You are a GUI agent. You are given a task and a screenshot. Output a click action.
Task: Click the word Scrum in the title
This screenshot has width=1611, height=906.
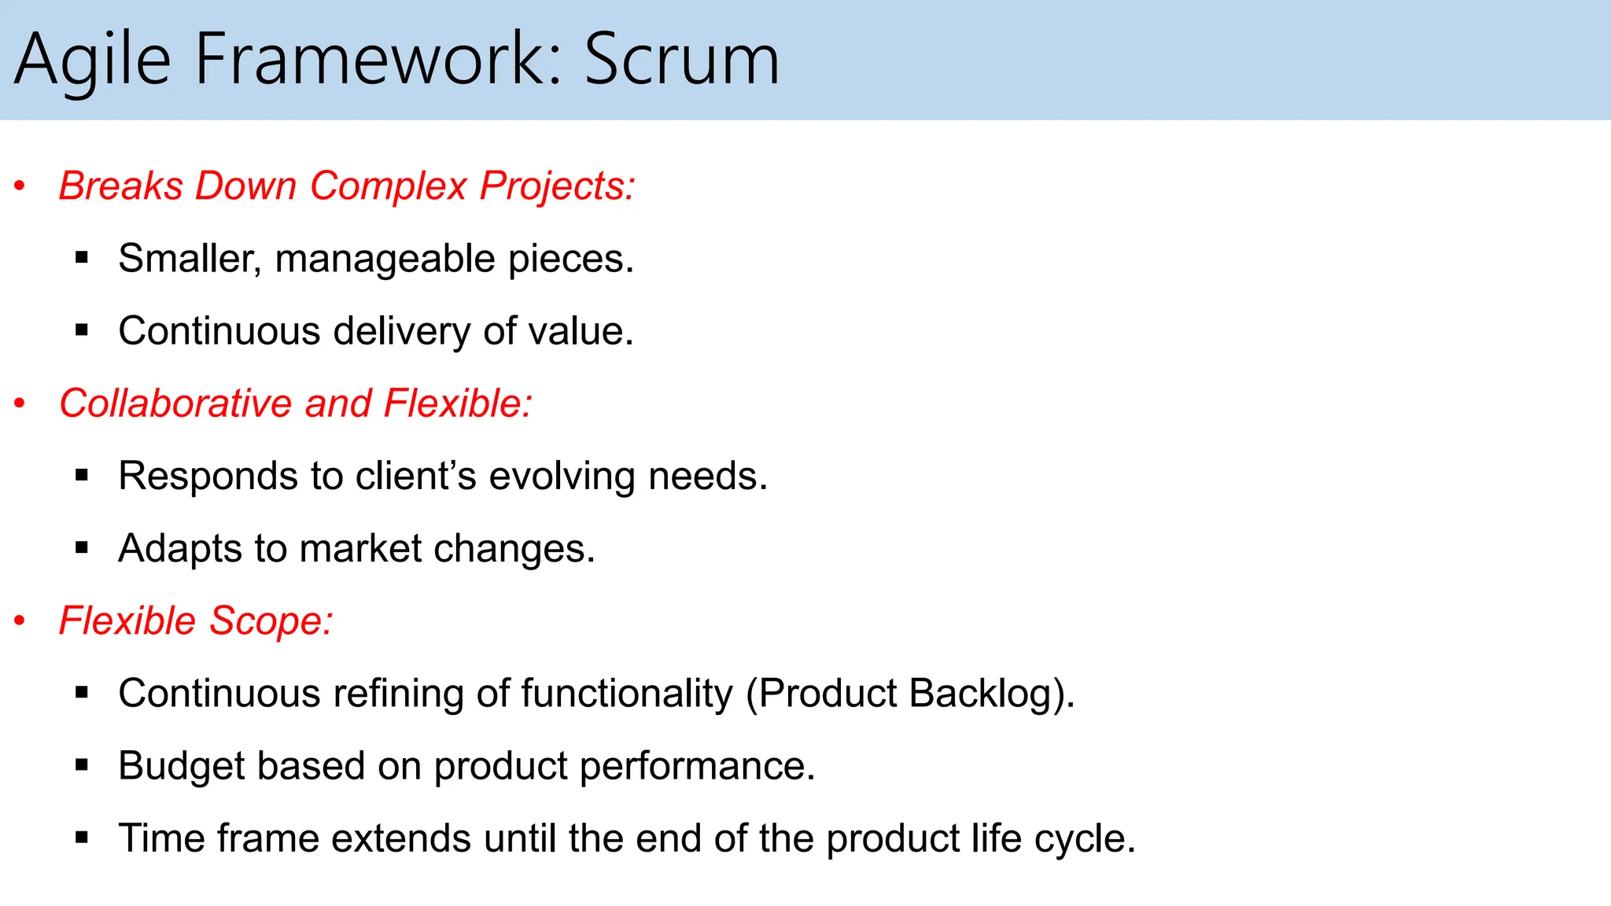pos(681,60)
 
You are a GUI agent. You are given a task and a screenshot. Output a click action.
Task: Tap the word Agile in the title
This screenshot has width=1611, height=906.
pos(93,61)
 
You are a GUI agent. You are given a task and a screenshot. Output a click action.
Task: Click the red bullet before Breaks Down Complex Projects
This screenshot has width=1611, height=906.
pos(20,186)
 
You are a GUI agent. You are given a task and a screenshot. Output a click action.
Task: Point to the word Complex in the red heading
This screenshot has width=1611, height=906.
pos(389,186)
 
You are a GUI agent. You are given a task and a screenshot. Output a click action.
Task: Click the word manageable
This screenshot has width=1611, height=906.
pos(385,260)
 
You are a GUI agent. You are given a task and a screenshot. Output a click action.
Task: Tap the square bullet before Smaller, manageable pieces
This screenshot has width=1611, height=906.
pos(82,257)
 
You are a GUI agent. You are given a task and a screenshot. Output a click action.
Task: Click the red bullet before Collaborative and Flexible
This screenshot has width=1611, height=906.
pos(20,403)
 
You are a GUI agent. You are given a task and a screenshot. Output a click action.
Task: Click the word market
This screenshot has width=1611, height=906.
pos(361,548)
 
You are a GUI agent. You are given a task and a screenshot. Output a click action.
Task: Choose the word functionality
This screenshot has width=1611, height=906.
pos(626,694)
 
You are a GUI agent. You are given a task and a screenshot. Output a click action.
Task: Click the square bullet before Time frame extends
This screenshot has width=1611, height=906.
pos(82,838)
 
